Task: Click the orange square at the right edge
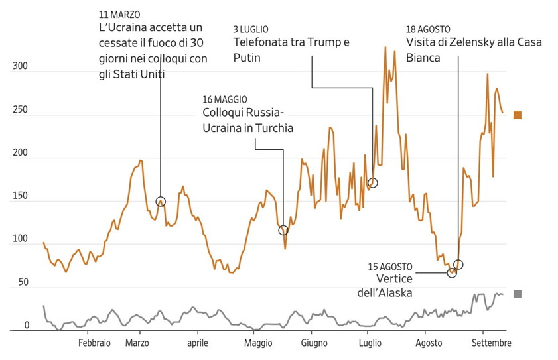pos(518,115)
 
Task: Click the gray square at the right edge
pos(518,294)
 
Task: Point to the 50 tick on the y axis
pos(23,283)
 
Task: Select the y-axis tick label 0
pos(27,326)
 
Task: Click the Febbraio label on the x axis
pos(94,343)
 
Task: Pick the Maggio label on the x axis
pos(257,343)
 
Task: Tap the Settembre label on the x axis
pos(492,343)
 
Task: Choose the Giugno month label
pos(314,343)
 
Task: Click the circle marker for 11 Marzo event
pos(161,202)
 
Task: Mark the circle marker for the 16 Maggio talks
pos(283,231)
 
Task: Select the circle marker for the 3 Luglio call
pos(373,183)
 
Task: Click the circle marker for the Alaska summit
pos(452,272)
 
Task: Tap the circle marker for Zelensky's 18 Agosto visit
pos(458,265)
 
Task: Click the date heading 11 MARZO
pos(119,14)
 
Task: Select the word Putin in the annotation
pos(247,58)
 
